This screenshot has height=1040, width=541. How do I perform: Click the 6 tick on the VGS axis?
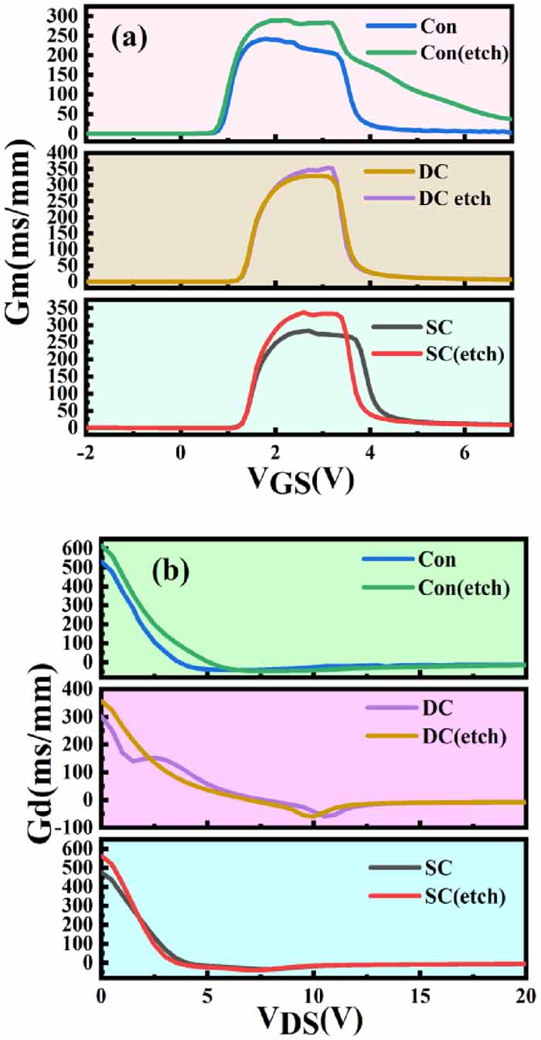464,451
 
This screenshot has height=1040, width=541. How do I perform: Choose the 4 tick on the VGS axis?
370,451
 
